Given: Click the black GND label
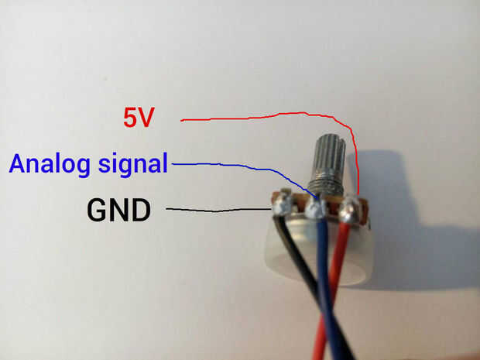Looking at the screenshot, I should click(118, 209).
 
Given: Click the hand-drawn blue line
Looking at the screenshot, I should click(232, 166).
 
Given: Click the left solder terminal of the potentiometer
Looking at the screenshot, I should click(279, 205).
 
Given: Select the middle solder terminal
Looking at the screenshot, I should click(315, 207).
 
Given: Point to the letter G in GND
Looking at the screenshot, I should click(97, 209).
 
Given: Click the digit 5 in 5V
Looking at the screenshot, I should click(131, 118).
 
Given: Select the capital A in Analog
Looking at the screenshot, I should click(19, 164).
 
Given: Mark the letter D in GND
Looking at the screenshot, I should click(141, 209).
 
